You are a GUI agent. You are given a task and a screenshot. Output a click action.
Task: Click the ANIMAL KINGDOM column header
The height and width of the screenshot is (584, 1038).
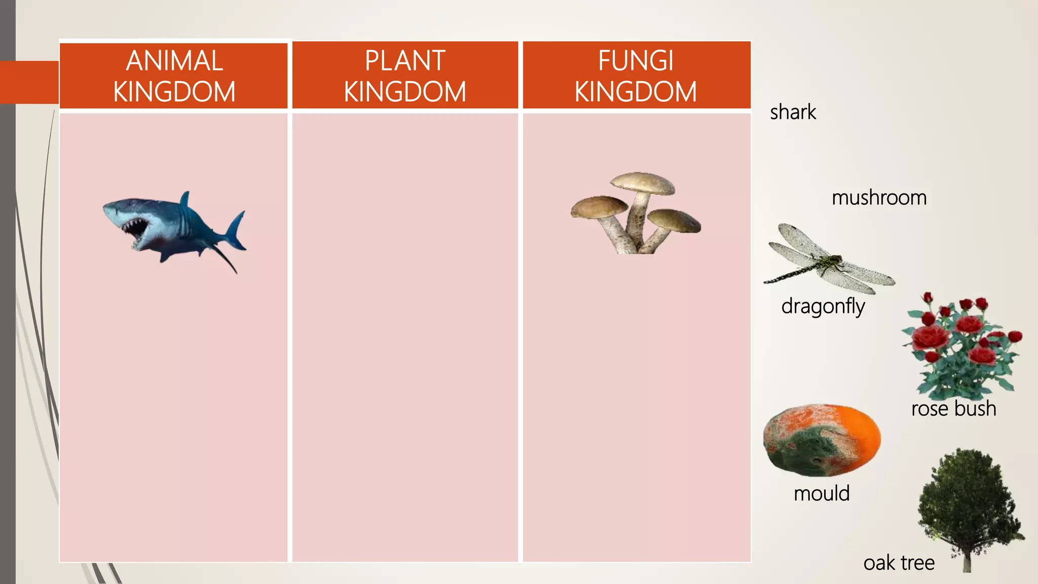[x=174, y=76]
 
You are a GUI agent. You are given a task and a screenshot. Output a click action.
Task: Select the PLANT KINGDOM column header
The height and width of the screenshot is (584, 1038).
[x=405, y=76]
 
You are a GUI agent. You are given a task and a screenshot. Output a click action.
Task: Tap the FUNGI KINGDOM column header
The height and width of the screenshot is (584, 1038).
[x=636, y=76]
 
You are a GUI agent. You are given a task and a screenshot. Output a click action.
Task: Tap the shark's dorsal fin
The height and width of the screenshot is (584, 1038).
[x=185, y=199]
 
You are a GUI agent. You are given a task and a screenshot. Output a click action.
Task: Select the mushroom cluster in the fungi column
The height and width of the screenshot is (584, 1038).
[x=636, y=213]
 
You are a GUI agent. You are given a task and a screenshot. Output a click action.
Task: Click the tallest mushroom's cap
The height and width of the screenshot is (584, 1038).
[x=643, y=182]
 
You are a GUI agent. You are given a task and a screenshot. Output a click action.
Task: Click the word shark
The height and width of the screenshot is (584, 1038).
[x=793, y=112]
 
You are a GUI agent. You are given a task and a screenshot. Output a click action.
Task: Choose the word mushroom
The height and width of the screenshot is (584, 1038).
[x=879, y=198]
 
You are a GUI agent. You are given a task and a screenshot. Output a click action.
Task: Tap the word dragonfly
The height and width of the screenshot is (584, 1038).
[x=823, y=307]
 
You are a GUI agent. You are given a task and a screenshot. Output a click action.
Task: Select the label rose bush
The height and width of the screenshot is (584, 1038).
[x=953, y=409]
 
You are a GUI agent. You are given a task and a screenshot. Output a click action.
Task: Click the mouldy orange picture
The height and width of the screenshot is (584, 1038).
[x=822, y=440]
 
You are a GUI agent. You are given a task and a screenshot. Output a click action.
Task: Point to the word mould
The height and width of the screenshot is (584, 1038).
[x=822, y=493]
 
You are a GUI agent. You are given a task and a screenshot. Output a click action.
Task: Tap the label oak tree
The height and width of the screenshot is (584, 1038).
[x=899, y=563]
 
